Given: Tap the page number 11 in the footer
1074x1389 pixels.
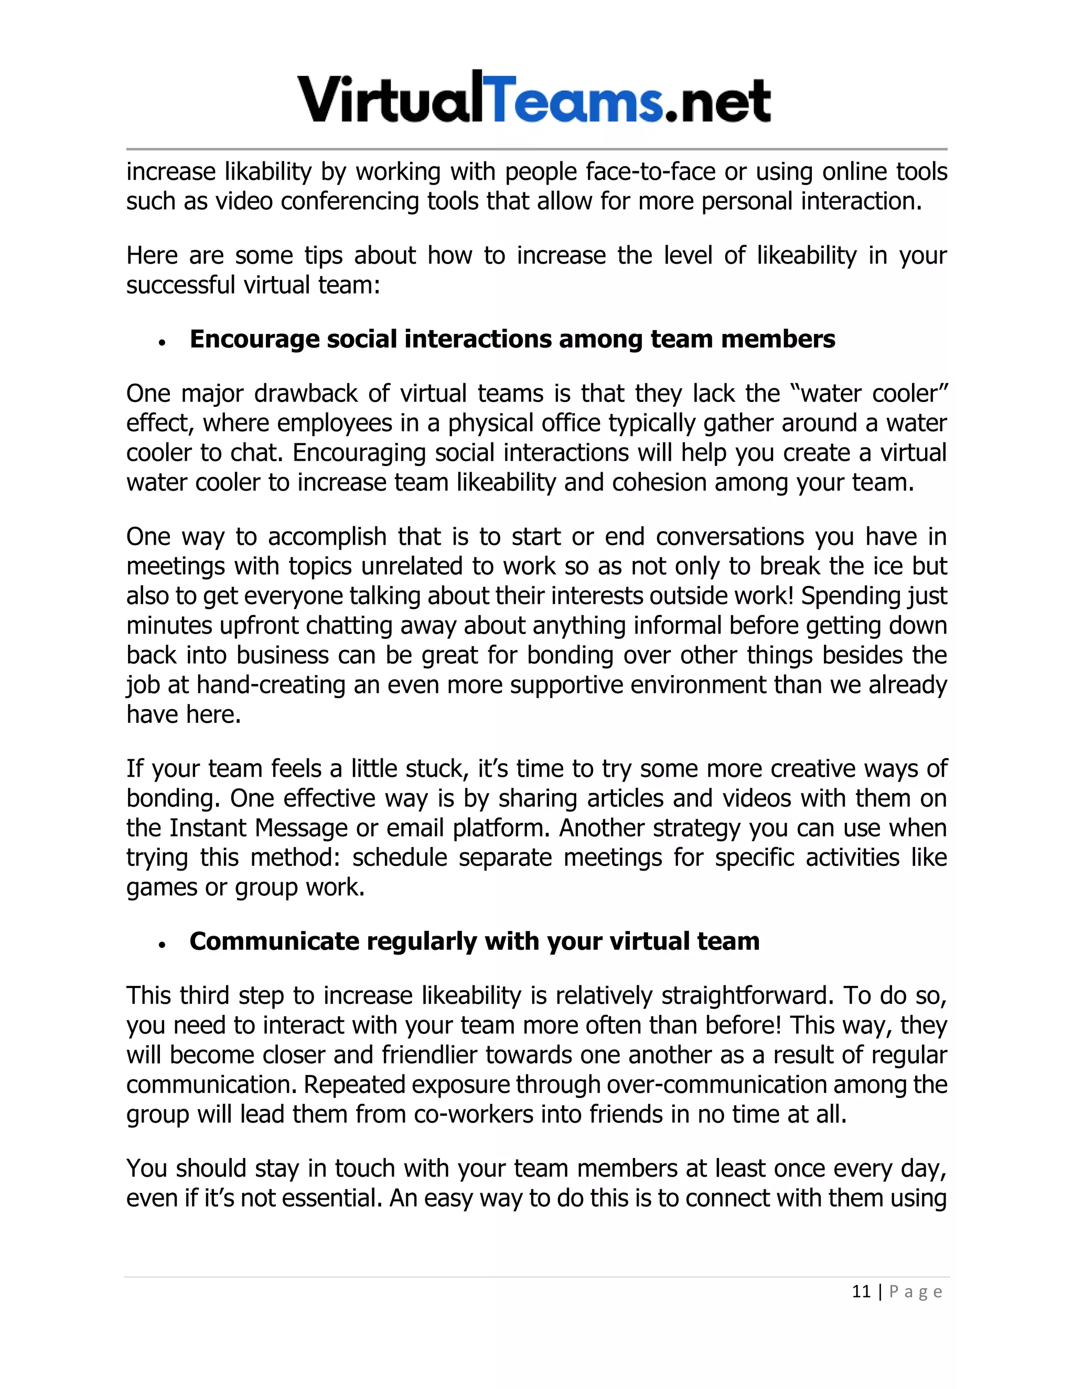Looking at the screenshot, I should point(861,1292).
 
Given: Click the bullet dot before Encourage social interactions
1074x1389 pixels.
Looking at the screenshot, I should point(163,343).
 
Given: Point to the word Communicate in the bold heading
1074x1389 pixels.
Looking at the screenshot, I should point(274,941).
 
